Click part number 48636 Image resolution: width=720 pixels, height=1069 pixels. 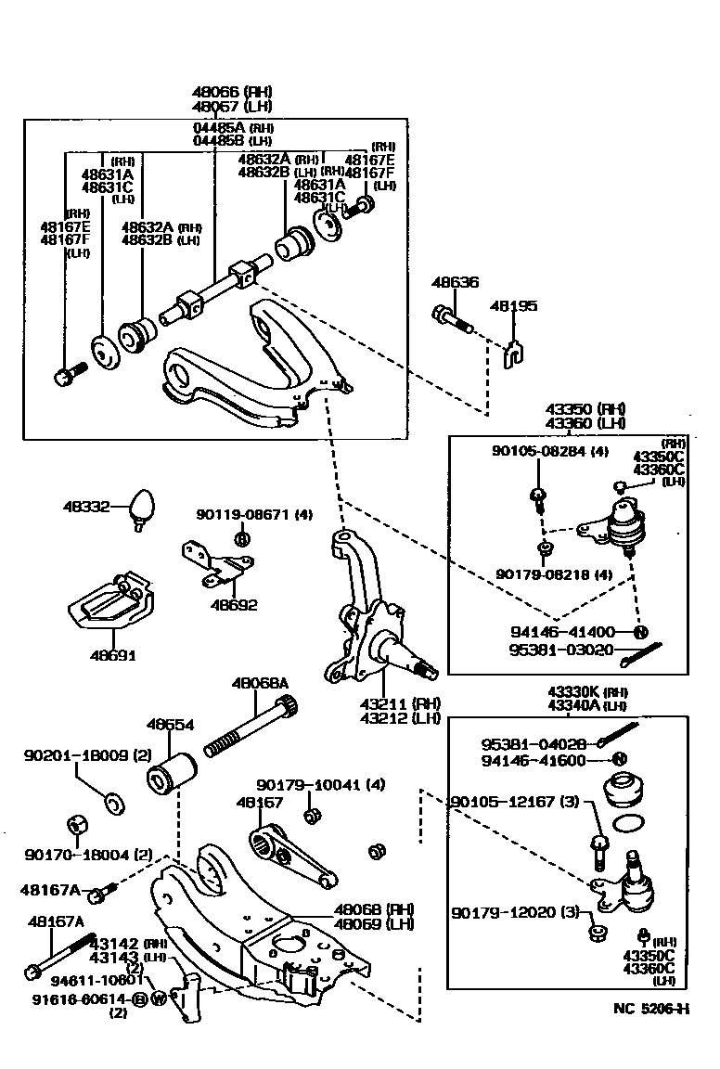[x=455, y=282]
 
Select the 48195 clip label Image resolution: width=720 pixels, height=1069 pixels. [x=513, y=305]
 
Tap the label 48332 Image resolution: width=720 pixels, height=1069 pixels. [x=86, y=508]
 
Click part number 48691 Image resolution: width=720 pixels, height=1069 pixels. [x=112, y=655]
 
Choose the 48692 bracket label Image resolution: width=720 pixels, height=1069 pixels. [x=234, y=605]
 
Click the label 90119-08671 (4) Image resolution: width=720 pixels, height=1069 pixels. [x=253, y=513]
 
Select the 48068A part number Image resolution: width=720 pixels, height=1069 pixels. [x=260, y=683]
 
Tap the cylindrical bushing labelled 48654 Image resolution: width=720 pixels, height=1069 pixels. [x=172, y=772]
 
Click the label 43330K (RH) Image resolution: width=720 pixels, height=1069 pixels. [x=586, y=691]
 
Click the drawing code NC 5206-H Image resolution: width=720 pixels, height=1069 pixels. [x=651, y=1010]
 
